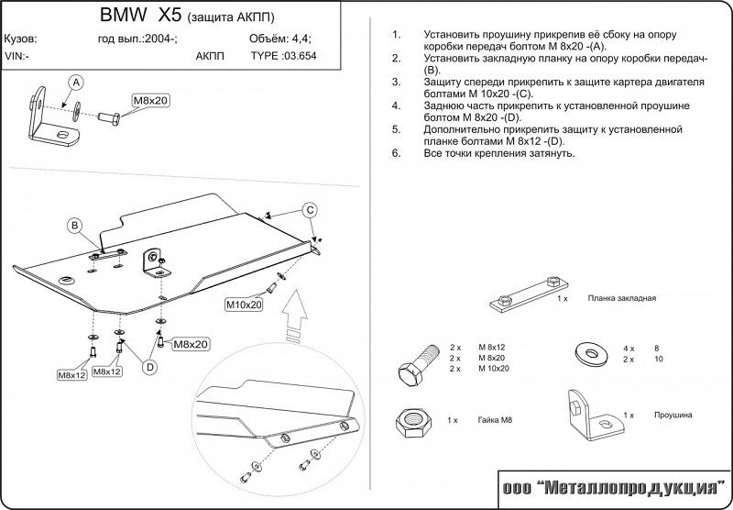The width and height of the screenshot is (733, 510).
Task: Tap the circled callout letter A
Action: click(x=75, y=83)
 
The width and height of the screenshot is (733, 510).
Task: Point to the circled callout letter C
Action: click(x=311, y=210)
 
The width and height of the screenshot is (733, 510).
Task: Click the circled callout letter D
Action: click(x=149, y=367)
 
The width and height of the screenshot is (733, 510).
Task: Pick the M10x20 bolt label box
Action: click(x=244, y=304)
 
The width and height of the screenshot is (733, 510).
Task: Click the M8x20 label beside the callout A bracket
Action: click(x=149, y=98)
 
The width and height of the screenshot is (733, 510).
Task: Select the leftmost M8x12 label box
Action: click(x=71, y=374)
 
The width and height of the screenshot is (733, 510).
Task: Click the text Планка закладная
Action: click(x=622, y=299)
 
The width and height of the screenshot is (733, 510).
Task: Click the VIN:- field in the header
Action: click(x=17, y=55)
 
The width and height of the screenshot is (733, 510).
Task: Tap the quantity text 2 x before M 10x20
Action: click(x=455, y=368)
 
